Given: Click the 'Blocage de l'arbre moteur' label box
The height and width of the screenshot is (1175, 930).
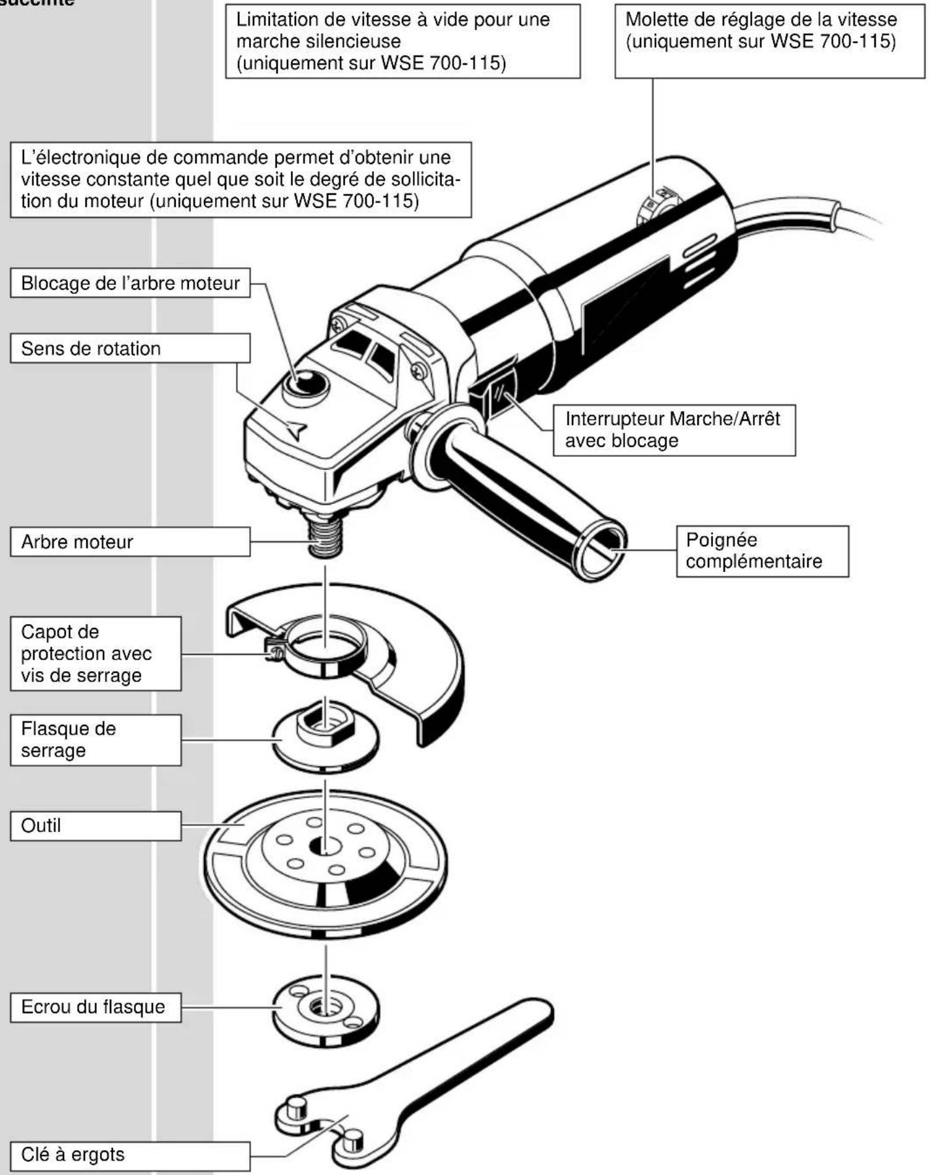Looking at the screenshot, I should [x=130, y=283].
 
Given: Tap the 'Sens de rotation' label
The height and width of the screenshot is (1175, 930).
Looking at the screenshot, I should [x=130, y=348].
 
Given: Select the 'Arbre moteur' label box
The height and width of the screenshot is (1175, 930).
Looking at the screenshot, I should [x=130, y=542].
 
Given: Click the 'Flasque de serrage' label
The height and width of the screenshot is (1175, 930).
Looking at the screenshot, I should [x=95, y=740].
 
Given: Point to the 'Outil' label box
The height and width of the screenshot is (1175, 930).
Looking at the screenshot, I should [x=95, y=826].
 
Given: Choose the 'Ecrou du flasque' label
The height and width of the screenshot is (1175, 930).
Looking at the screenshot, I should [x=95, y=1006].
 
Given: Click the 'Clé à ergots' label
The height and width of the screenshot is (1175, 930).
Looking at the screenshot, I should [x=130, y=1155].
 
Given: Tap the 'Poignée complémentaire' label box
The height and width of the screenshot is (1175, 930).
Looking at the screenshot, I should [x=762, y=551].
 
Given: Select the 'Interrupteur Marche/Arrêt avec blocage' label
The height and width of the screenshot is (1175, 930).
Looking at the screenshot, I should [x=674, y=430].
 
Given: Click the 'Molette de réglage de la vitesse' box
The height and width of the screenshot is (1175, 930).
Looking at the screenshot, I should [x=769, y=41].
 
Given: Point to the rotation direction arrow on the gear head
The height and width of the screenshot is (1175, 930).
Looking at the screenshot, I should [x=296, y=429].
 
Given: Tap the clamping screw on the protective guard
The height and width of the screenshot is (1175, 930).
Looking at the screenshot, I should [x=273, y=650].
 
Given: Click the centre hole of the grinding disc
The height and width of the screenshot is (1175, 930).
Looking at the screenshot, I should [x=325, y=846].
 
